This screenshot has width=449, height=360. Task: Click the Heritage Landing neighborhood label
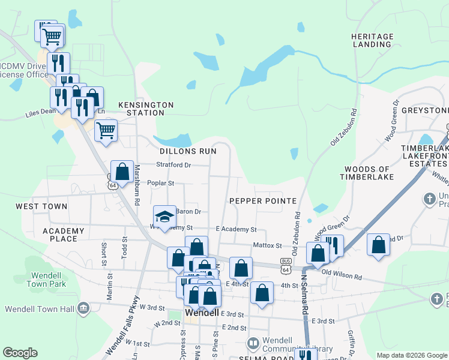point(372,40)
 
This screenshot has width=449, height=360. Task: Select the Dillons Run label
point(188,151)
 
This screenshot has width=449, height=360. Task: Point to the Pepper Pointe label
point(263,200)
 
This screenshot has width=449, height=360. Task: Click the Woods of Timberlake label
point(366,173)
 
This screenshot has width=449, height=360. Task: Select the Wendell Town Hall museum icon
point(84,309)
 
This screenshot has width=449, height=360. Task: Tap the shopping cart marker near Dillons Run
point(106,129)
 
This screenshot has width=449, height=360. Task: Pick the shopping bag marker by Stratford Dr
point(122,172)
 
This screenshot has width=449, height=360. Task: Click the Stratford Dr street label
point(173,164)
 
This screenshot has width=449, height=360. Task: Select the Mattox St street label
point(267,245)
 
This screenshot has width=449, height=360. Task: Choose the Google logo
point(20,353)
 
